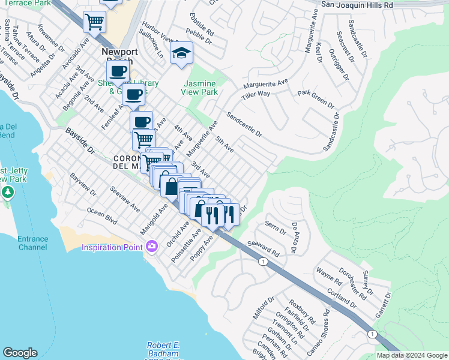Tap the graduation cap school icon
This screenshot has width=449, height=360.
[x=181, y=55]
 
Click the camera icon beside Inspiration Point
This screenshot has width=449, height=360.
[x=151, y=247]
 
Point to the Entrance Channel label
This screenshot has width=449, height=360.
[x=25, y=243]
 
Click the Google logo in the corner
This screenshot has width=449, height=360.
[x=20, y=353]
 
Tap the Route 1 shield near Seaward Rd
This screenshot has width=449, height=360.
[x=262, y=261]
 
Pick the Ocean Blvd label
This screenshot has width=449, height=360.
[x=102, y=217]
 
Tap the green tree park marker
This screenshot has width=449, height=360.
[x=8, y=193]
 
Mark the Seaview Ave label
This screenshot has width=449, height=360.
[x=125, y=199]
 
